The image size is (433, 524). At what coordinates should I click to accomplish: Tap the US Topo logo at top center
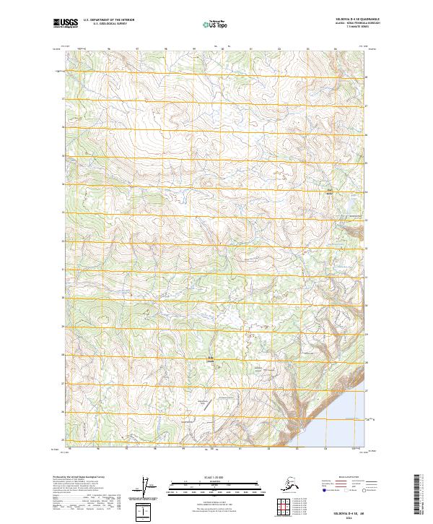(x=210, y=24)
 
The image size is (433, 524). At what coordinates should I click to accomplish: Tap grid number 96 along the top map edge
(x=108, y=50)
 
